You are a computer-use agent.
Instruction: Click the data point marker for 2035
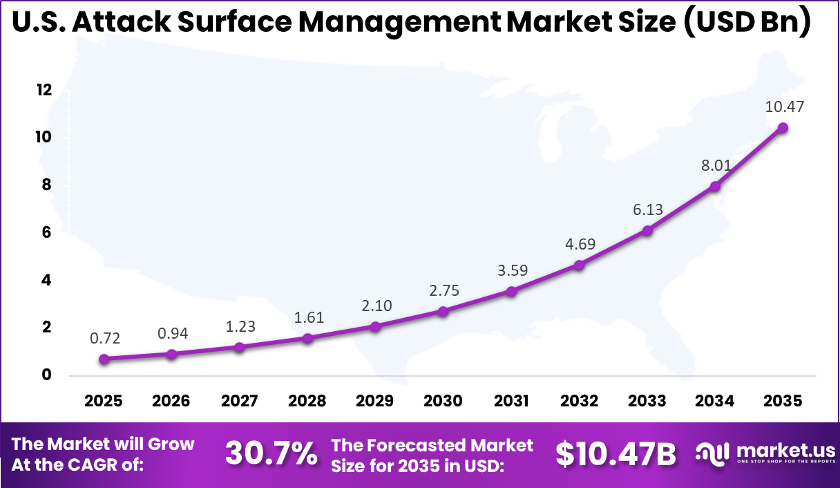pyautogui.click(x=783, y=128)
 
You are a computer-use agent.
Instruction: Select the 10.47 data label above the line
pyautogui.click(x=784, y=107)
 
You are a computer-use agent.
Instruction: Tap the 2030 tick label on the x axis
pyautogui.click(x=443, y=402)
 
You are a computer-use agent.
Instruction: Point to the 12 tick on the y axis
pyautogui.click(x=44, y=90)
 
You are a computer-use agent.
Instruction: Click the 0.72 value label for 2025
pyautogui.click(x=105, y=338)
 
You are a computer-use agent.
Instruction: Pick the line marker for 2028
pyautogui.click(x=308, y=338)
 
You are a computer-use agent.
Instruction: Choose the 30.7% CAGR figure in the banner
pyautogui.click(x=271, y=453)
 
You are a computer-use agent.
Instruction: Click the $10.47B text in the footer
pyautogui.click(x=615, y=453)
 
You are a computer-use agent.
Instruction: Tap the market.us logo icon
pyautogui.click(x=712, y=453)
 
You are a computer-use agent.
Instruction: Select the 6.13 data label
pyautogui.click(x=647, y=209)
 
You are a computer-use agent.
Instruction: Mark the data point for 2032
pyautogui.click(x=579, y=265)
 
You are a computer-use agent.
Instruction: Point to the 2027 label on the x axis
pyautogui.click(x=240, y=402)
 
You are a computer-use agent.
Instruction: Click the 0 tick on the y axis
pyautogui.click(x=47, y=375)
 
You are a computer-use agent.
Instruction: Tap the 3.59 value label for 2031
pyautogui.click(x=511, y=270)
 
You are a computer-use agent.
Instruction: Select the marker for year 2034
pyautogui.click(x=715, y=186)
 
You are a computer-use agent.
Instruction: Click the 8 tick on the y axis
pyautogui.click(x=47, y=185)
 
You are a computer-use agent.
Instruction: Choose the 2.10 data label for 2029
pyautogui.click(x=376, y=306)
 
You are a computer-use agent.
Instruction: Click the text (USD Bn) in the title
pyautogui.click(x=745, y=22)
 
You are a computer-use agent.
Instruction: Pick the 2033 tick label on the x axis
pyautogui.click(x=647, y=402)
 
